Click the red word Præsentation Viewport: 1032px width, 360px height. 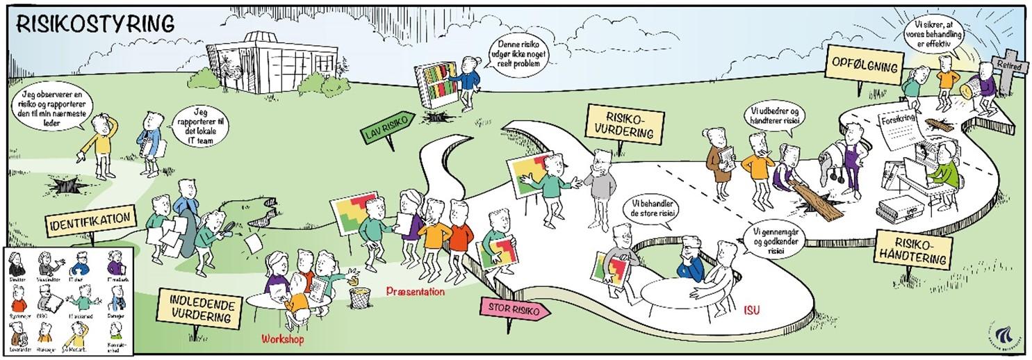(x=416, y=292)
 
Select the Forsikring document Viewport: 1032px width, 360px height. (x=901, y=130)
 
